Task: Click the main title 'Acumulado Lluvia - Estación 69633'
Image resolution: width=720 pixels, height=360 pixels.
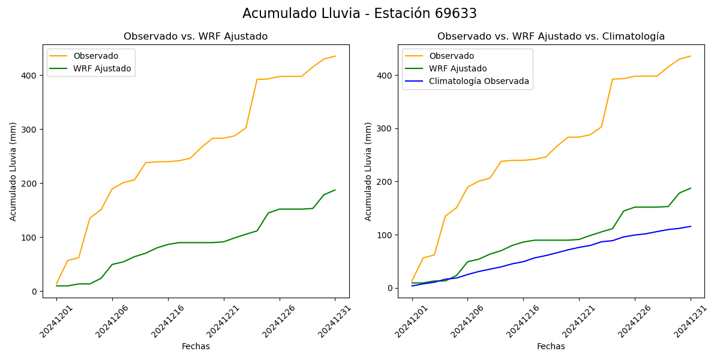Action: click(x=359, y=14)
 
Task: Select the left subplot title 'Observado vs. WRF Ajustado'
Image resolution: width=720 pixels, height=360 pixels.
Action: click(x=196, y=37)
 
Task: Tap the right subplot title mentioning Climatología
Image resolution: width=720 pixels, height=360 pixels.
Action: click(x=551, y=37)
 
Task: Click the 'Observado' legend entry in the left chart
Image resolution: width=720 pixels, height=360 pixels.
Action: click(x=95, y=56)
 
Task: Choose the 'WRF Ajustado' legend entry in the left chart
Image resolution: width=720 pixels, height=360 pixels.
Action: click(x=102, y=68)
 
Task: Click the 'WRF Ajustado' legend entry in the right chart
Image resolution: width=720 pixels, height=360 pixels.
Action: click(x=457, y=68)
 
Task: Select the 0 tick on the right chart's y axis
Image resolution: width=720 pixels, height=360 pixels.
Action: click(x=390, y=288)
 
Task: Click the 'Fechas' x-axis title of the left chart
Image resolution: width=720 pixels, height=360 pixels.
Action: click(x=196, y=346)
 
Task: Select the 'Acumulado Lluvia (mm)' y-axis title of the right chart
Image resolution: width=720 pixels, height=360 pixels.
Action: click(x=368, y=172)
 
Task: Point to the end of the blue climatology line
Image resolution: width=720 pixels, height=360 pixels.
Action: click(x=691, y=226)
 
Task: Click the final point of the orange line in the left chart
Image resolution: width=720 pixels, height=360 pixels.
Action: click(x=335, y=56)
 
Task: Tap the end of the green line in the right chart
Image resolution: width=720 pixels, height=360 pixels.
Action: click(x=691, y=188)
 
